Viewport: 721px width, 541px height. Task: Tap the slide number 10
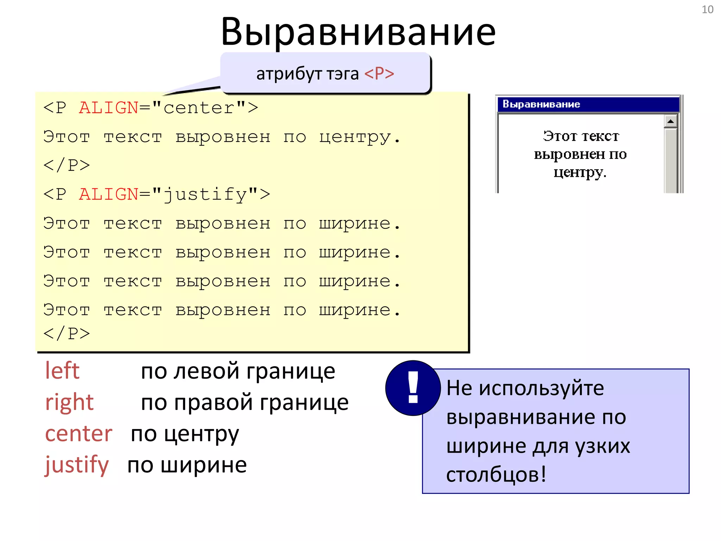pyautogui.click(x=707, y=10)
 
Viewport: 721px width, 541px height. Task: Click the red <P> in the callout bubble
pyautogui.click(x=379, y=74)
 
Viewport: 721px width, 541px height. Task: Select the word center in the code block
pyautogui.click(x=199, y=108)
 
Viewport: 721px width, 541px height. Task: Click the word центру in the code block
pyautogui.click(x=355, y=137)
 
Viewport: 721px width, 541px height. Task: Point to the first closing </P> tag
pyautogui.click(x=67, y=165)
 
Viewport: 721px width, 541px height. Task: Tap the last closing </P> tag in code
pyautogui.click(x=67, y=333)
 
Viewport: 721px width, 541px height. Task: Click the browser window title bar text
pyautogui.click(x=541, y=104)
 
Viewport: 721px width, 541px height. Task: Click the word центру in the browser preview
pyautogui.click(x=579, y=173)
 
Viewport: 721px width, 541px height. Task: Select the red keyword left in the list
pyautogui.click(x=62, y=371)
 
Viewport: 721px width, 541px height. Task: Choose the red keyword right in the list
pyautogui.click(x=69, y=402)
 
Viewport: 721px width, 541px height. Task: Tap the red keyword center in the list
pyautogui.click(x=79, y=434)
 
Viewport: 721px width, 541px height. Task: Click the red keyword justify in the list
pyautogui.click(x=77, y=465)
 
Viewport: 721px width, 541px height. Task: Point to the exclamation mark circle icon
pyautogui.click(x=413, y=388)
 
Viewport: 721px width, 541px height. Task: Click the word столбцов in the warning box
pyautogui.click(x=492, y=474)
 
